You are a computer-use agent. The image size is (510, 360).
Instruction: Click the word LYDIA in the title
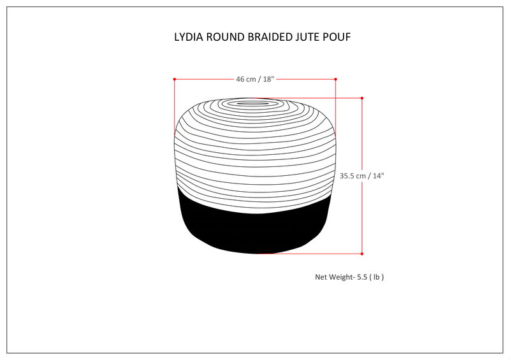coord(190,37)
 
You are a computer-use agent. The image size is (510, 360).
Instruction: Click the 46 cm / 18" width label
coord(254,79)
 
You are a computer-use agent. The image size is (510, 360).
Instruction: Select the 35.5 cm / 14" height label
coord(362,175)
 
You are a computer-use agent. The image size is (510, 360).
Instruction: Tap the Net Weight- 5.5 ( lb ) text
coord(349,277)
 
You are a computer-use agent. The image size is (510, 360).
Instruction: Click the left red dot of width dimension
coord(174,79)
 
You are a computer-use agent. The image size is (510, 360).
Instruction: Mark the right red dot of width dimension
coord(335,79)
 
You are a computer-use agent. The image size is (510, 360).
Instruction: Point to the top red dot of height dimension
coord(362,98)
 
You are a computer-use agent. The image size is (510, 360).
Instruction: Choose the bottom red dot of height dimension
coord(362,253)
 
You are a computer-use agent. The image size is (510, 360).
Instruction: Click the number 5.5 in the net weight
coord(362,277)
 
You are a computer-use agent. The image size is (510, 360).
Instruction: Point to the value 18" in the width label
coord(268,79)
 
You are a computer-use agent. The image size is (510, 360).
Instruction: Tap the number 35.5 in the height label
coord(347,175)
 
